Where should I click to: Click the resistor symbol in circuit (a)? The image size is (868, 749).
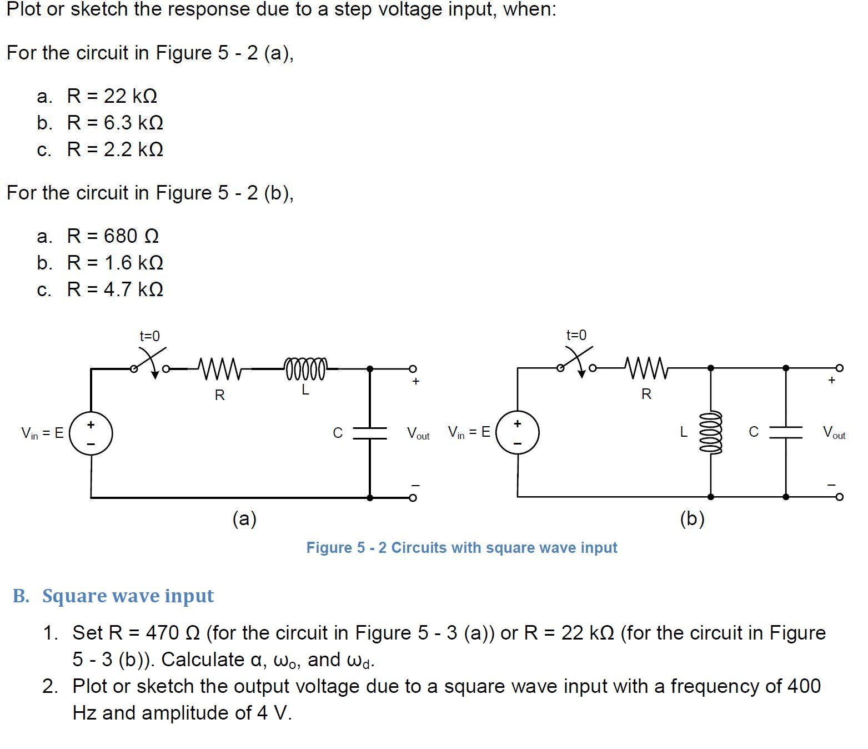[x=219, y=368]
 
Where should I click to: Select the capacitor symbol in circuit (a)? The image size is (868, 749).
[x=370, y=433]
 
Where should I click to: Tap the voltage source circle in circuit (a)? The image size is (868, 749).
[x=91, y=433]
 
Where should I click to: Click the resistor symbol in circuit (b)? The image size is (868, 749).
[x=646, y=367]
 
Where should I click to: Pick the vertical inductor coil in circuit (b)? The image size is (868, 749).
[x=711, y=432]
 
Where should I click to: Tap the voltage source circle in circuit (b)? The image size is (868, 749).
[x=518, y=432]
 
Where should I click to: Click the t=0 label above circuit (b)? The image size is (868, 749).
[x=576, y=335]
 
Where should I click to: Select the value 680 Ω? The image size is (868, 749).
[x=131, y=236]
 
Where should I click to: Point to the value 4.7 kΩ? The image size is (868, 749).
[x=133, y=289]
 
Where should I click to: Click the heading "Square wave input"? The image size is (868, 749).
[x=128, y=596]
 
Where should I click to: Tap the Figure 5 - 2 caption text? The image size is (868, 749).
[x=461, y=548]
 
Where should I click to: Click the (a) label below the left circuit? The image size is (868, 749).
[x=244, y=518]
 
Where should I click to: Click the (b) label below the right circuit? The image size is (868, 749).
[x=692, y=518]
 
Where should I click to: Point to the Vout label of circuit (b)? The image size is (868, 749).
[x=834, y=432]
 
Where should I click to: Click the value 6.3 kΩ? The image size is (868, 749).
[x=133, y=123]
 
